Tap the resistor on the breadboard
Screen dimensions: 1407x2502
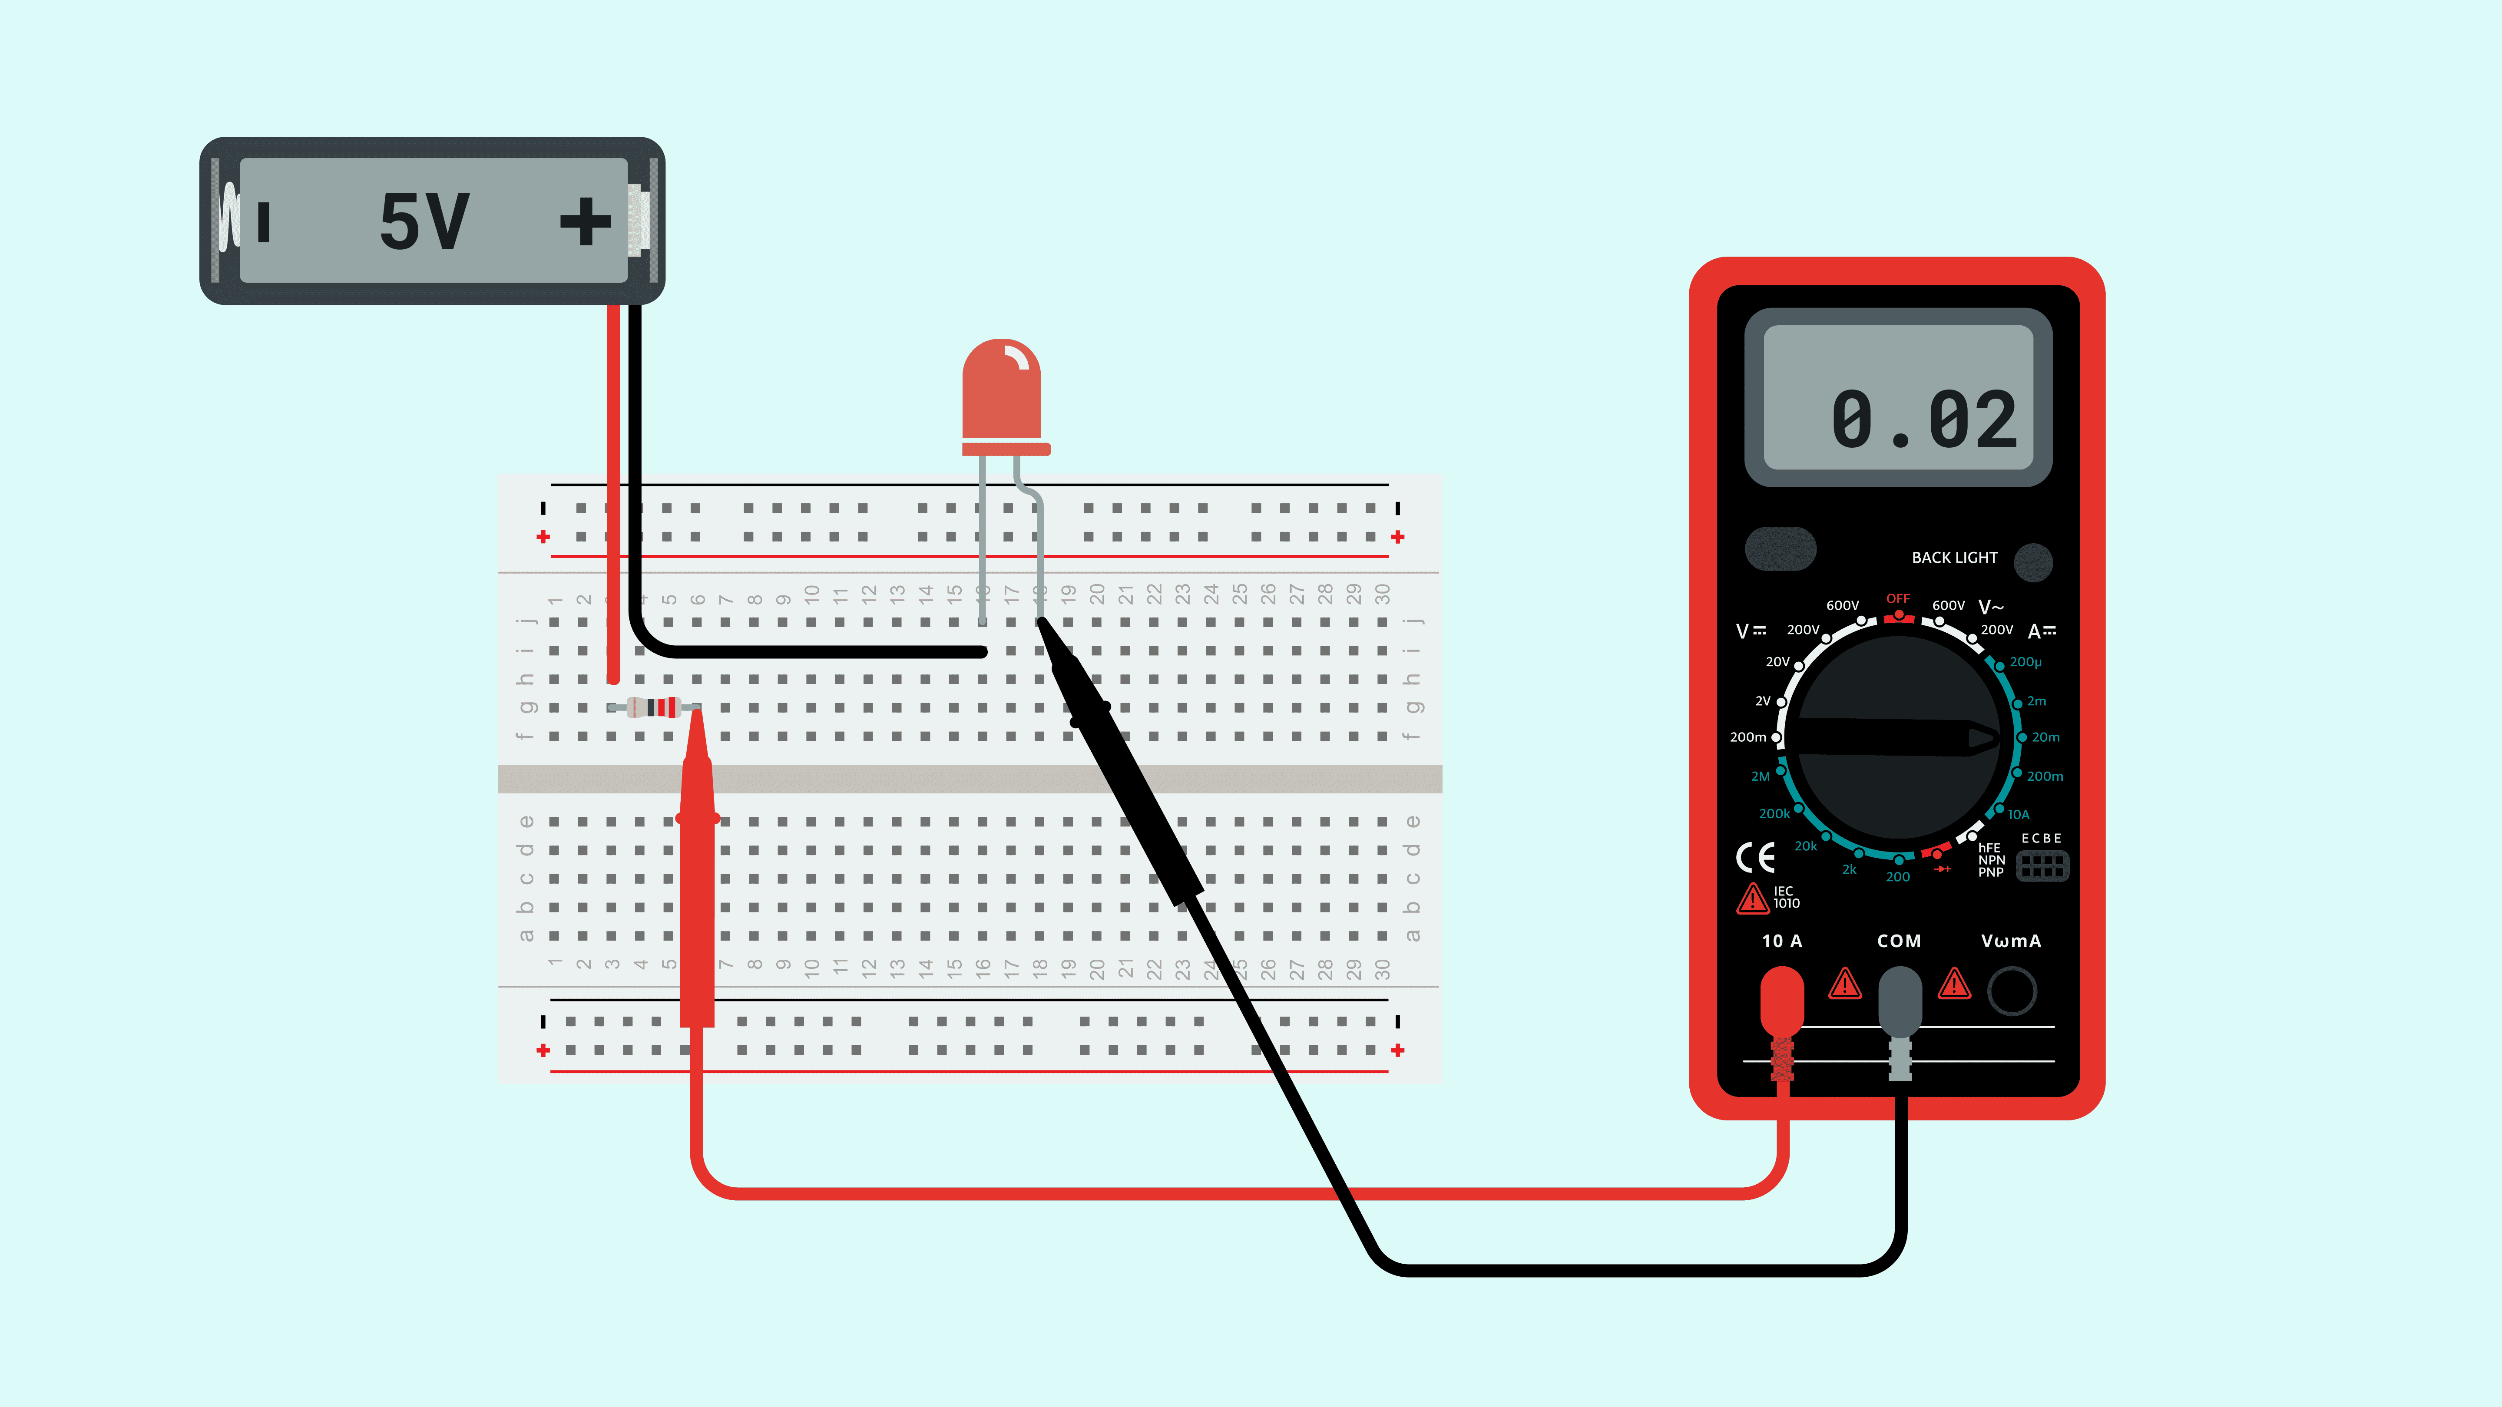pyautogui.click(x=653, y=707)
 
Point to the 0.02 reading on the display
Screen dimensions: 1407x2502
pyautogui.click(x=1923, y=420)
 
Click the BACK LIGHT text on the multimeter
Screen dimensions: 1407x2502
pyautogui.click(x=1954, y=557)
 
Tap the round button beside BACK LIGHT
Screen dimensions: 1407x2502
pyautogui.click(x=2033, y=561)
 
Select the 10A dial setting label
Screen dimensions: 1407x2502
pyautogui.click(x=2018, y=815)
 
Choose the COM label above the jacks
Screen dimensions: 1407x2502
pyautogui.click(x=1899, y=941)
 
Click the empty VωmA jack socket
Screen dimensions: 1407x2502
pyautogui.click(x=2012, y=991)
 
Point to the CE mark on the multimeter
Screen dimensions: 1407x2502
pyautogui.click(x=1755, y=857)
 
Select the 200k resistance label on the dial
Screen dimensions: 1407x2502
pyautogui.click(x=1774, y=814)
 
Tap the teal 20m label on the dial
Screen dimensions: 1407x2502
pyautogui.click(x=2045, y=737)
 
